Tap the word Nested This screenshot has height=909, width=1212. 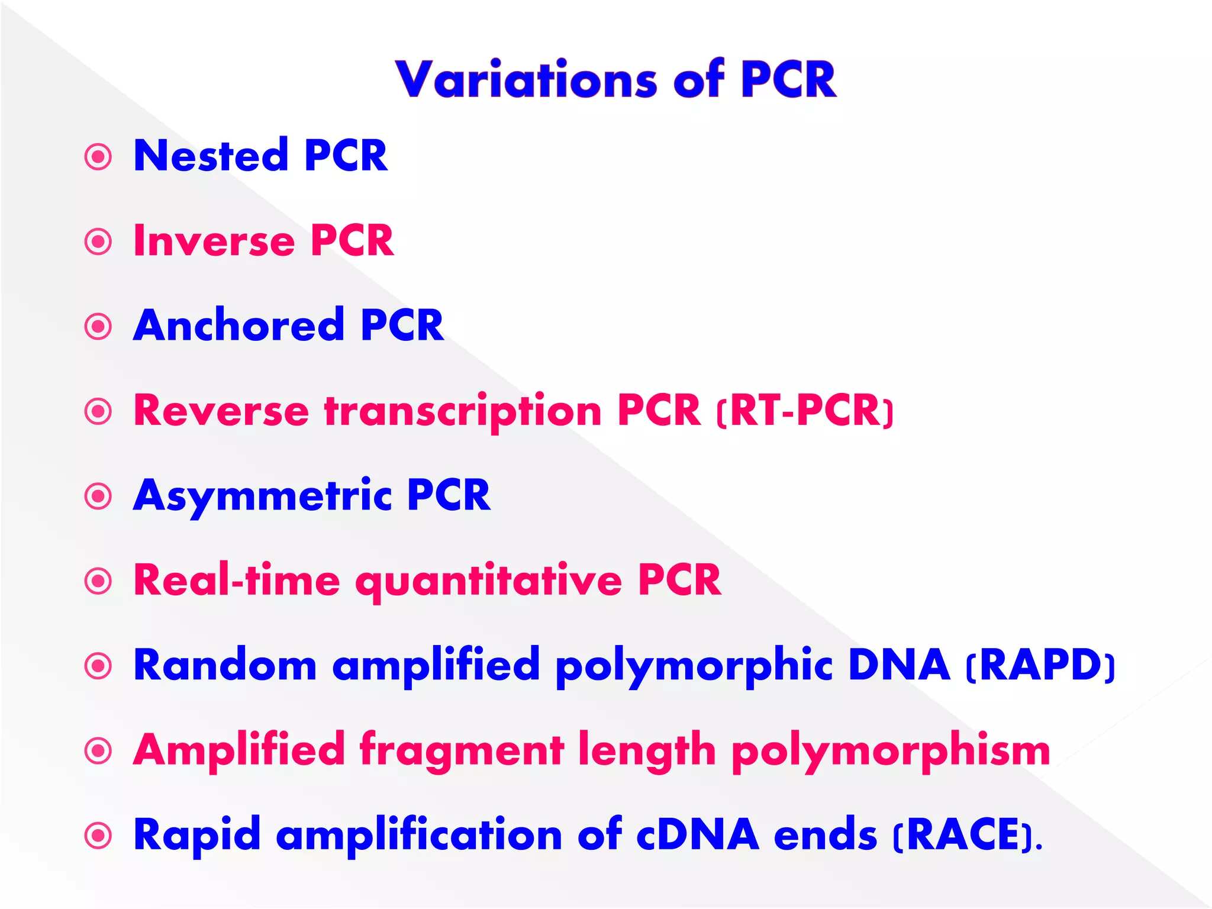[x=211, y=156]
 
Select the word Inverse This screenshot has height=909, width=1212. [x=214, y=241]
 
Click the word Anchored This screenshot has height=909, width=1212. [x=238, y=325]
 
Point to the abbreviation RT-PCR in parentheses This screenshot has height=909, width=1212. [x=805, y=411]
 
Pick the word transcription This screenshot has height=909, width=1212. [x=463, y=412]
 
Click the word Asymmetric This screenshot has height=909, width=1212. [x=262, y=496]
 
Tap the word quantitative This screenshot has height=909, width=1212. [x=488, y=581]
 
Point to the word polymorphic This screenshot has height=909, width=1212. [x=694, y=666]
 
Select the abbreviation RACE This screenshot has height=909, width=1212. [x=966, y=835]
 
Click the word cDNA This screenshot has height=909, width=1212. [x=698, y=835]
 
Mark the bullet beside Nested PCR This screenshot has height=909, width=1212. [x=98, y=157]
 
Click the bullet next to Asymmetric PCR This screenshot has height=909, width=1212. [x=98, y=497]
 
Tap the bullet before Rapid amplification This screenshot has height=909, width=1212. [x=98, y=836]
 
